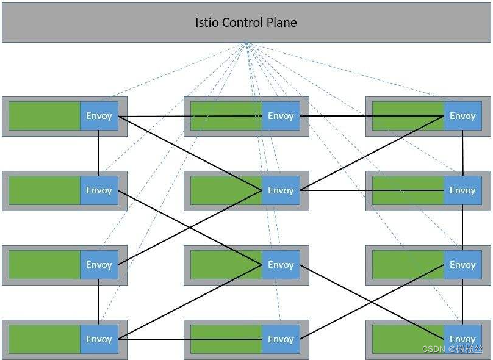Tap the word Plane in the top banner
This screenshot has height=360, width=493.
(282, 23)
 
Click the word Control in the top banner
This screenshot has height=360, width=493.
(243, 23)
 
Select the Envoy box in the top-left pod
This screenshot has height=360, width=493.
(99, 116)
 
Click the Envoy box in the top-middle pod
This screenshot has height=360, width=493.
(281, 116)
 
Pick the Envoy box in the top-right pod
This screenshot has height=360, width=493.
(462, 116)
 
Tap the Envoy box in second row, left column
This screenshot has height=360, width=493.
(99, 190)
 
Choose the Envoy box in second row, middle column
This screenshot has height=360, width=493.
(281, 190)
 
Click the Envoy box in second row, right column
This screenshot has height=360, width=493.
(462, 190)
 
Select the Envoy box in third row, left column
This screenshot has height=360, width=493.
(99, 265)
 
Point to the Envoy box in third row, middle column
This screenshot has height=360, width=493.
(281, 265)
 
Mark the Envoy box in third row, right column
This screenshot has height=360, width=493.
(462, 265)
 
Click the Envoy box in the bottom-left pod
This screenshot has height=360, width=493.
(99, 339)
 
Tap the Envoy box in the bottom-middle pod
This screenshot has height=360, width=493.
(281, 339)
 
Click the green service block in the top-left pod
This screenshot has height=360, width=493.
(44, 116)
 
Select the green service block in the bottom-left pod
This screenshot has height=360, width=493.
(44, 339)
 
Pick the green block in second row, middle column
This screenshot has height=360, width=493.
(226, 190)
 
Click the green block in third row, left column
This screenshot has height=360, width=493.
(44, 265)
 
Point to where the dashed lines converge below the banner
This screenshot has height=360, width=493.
(246, 44)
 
